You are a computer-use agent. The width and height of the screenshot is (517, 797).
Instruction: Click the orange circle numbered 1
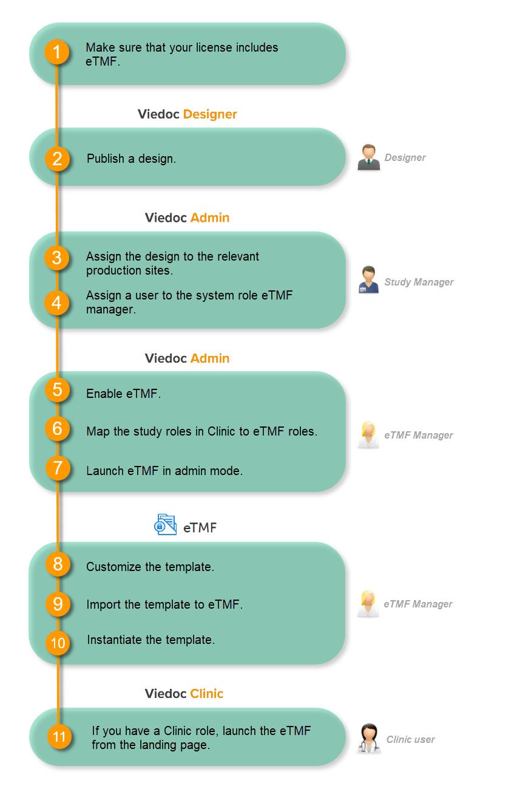coord(57,53)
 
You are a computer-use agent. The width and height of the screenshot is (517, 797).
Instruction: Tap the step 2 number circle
coord(57,159)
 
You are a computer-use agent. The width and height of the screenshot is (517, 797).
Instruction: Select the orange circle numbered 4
coord(57,303)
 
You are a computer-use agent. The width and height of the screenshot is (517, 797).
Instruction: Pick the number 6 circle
coord(58,429)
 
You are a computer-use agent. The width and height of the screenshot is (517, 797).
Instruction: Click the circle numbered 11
coord(59,737)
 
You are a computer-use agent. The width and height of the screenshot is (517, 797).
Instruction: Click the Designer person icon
coord(368,157)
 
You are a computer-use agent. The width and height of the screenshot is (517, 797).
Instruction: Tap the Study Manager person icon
coord(368,280)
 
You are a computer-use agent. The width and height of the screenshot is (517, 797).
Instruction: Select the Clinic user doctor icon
coord(368,739)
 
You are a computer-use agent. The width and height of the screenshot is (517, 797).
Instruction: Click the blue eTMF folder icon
coord(165,524)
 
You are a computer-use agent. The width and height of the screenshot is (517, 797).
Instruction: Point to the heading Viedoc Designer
coord(187,114)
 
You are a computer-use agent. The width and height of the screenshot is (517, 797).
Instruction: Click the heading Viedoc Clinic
coord(184,694)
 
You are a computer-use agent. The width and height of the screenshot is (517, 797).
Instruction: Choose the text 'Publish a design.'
coord(131,159)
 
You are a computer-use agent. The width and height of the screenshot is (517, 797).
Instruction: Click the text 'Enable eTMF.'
coord(124,394)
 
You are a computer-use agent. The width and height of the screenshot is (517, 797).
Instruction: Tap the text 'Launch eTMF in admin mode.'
coord(164,470)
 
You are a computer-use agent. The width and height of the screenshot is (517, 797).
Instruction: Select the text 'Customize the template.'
coord(150,567)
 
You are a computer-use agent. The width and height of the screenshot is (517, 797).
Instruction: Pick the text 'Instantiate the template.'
coord(151,640)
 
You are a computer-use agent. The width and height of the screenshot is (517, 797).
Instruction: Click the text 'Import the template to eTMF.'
coord(164,604)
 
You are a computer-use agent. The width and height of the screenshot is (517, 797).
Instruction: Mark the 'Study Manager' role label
coord(419,282)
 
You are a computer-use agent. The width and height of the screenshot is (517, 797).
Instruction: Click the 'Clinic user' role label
coord(410,739)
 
